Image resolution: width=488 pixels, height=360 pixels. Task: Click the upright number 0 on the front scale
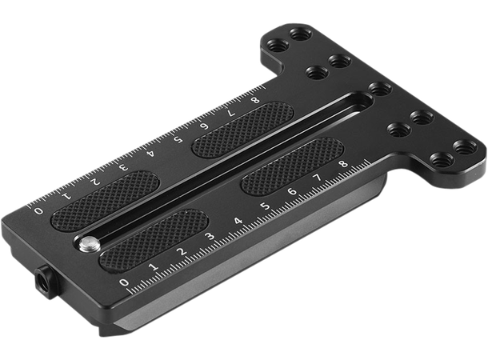coord(124,283)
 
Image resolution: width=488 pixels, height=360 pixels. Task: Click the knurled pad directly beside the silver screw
coord(151,236)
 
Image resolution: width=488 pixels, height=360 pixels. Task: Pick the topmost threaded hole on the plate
coord(300,34)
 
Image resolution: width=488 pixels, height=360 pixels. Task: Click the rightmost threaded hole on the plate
coord(462,146)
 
